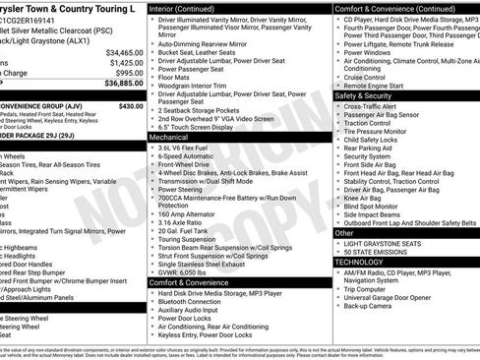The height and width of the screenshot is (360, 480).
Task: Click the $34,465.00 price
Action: click(x=124, y=52)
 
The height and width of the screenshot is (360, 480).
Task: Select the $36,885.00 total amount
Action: click(x=124, y=85)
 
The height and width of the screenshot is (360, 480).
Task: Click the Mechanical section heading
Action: click(x=169, y=138)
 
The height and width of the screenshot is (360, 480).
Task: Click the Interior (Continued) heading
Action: click(x=189, y=8)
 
